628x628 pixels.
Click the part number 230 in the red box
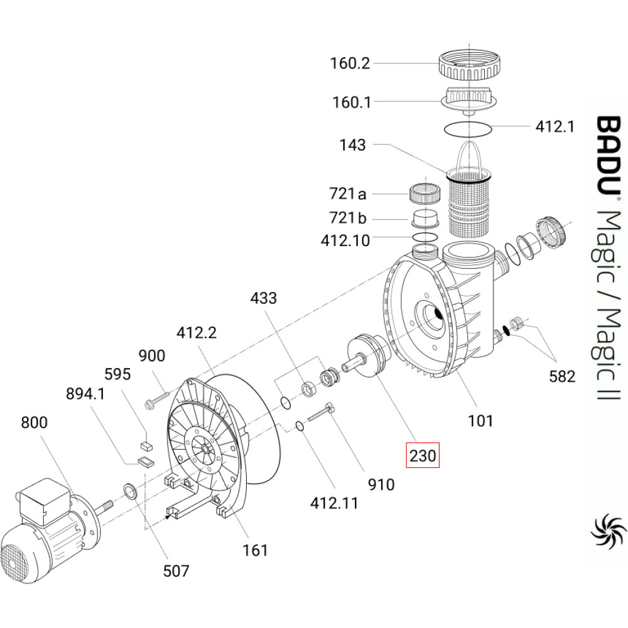point(422,455)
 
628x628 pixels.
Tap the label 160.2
point(350,63)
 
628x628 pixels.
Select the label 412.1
point(555,126)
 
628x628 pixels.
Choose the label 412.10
point(345,240)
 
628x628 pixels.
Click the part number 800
point(34,423)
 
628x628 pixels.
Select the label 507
point(176,571)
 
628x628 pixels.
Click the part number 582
point(561,377)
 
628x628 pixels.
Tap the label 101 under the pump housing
point(481,421)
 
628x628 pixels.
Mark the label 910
point(381,484)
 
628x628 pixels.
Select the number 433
point(263,298)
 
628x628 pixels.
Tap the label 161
point(256,550)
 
